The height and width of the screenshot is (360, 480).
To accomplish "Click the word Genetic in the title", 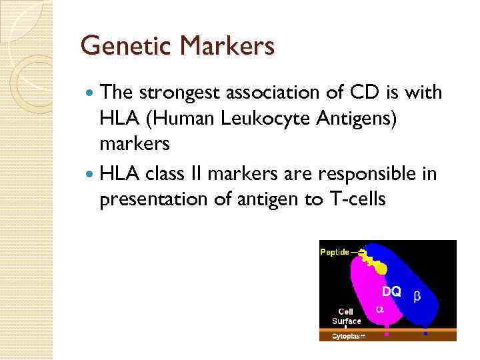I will [x=119, y=47].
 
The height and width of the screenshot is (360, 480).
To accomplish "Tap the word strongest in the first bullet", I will [x=181, y=93].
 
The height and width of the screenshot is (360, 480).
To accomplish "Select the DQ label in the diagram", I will [x=391, y=292].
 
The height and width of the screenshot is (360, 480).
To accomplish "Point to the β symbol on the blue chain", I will [x=418, y=295].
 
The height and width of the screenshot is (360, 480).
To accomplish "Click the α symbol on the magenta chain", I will [x=380, y=309].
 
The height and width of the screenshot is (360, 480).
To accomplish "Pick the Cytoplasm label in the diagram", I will [x=349, y=337].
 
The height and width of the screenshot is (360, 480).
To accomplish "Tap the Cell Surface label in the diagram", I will [x=346, y=316].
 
